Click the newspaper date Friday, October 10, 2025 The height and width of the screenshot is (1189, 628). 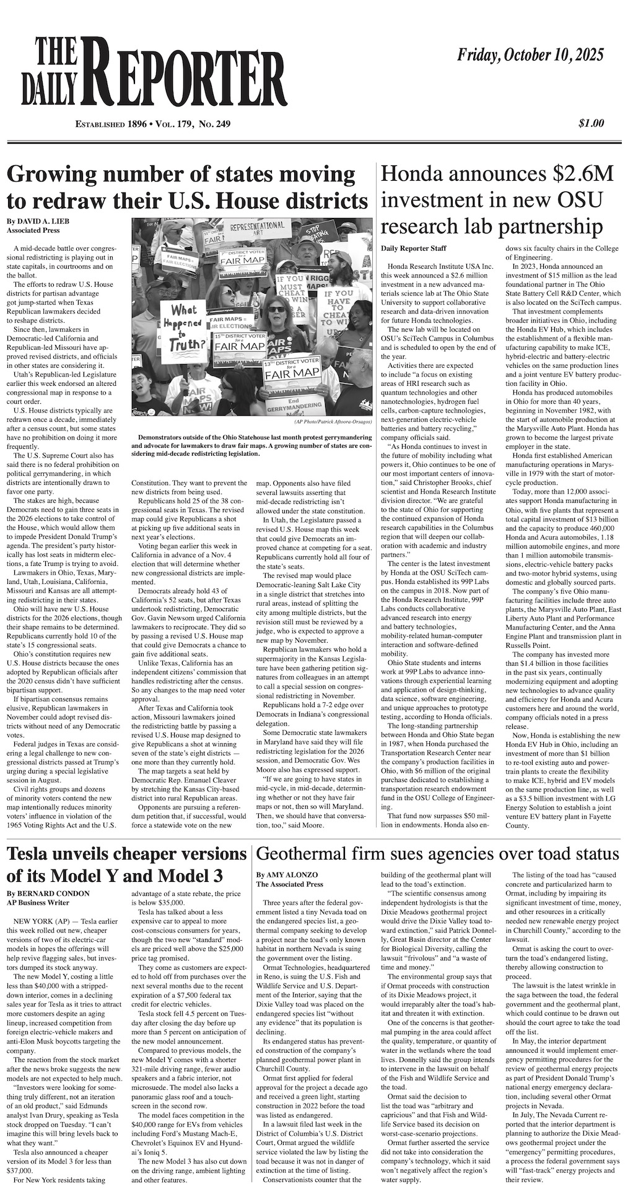530,56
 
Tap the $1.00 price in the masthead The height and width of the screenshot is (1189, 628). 591,123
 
